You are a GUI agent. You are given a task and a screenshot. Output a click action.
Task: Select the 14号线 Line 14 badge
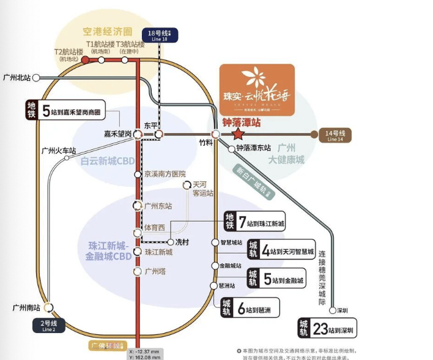[336, 135]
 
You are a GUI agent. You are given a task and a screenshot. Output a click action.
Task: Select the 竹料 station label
[205, 143]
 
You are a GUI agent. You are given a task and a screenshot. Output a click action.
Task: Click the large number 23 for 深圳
[321, 328]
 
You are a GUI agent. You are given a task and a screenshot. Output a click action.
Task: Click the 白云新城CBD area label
[108, 162]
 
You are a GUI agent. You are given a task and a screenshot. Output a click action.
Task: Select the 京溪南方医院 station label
[165, 174]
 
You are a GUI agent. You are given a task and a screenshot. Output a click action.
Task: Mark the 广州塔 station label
[155, 271]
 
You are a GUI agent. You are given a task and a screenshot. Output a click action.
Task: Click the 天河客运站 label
[203, 188]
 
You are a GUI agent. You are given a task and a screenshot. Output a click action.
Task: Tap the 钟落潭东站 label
[253, 148]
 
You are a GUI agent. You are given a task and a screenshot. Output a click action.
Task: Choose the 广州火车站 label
[59, 150]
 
